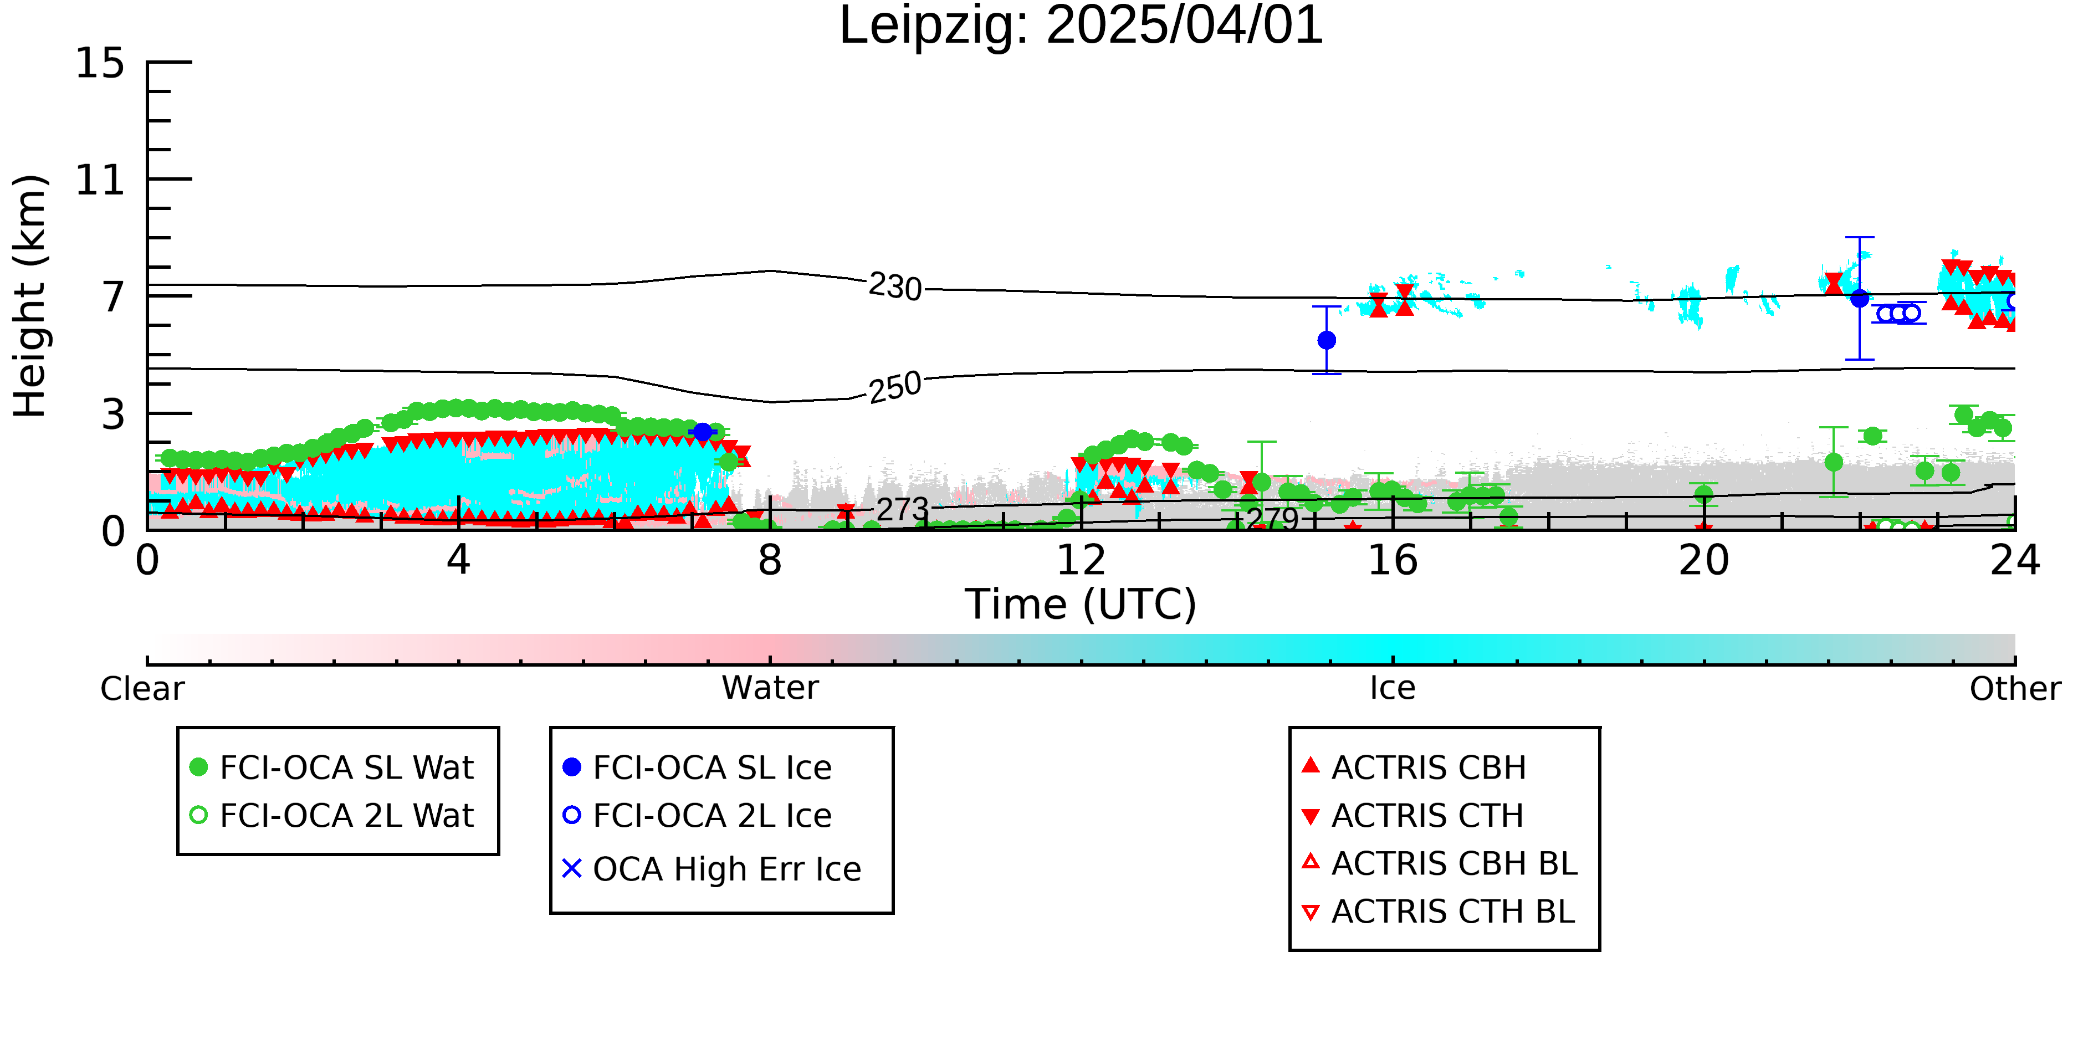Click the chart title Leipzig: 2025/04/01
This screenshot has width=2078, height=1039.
1081,26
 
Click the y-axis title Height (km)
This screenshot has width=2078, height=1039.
30,296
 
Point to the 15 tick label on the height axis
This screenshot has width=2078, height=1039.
100,63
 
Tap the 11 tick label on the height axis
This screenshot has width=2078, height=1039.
100,180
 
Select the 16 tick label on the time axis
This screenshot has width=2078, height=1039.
1393,561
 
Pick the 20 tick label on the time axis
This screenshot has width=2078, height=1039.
1704,561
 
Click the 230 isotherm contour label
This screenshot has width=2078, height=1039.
895,287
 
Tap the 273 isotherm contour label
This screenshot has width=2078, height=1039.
903,510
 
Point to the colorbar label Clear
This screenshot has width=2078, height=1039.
142,689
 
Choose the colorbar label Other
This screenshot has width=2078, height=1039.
2015,689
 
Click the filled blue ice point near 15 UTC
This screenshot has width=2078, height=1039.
1326,340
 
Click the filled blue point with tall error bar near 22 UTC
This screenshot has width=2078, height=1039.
1859,299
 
